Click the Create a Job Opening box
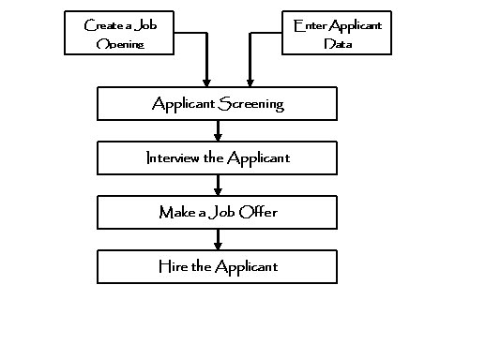pyautogui.click(x=119, y=33)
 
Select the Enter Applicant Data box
pyautogui.click(x=335, y=33)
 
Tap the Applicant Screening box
pyautogui.click(x=218, y=104)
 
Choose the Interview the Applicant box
pyautogui.click(x=218, y=157)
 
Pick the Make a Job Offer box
pyautogui.click(x=218, y=212)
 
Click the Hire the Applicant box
pyautogui.click(x=218, y=266)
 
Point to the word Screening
pyautogui.click(x=250, y=104)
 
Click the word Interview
pyautogui.click(x=174, y=157)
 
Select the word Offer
pyautogui.click(x=258, y=212)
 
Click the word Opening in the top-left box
pyautogui.click(x=119, y=43)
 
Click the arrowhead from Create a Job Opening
pyautogui.click(x=206, y=83)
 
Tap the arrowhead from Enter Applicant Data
pyautogui.click(x=249, y=83)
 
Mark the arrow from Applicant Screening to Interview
pyautogui.click(x=218, y=131)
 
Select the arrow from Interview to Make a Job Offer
pyautogui.click(x=218, y=185)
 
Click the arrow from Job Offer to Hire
pyautogui.click(x=218, y=239)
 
